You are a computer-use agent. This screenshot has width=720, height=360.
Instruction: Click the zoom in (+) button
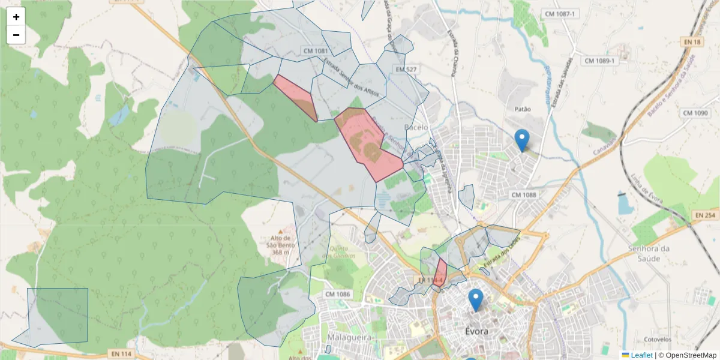click(16, 17)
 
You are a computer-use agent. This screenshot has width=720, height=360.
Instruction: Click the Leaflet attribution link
click(641, 355)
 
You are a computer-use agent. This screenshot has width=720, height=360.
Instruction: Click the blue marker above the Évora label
click(476, 299)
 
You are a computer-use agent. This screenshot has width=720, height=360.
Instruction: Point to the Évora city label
click(477, 331)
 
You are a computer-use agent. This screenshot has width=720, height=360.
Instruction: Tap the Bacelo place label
click(416, 127)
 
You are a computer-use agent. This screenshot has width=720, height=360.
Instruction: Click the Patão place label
click(523, 109)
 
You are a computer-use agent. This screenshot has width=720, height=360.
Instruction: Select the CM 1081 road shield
click(316, 51)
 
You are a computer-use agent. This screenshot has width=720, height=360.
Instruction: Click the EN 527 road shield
click(406, 70)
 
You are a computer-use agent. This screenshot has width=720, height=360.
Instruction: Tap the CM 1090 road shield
click(696, 113)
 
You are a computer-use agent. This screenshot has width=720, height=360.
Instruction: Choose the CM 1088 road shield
click(524, 195)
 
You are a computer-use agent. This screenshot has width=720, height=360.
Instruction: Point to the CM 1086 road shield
click(337, 294)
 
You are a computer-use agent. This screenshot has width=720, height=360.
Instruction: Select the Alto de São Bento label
click(277, 245)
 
